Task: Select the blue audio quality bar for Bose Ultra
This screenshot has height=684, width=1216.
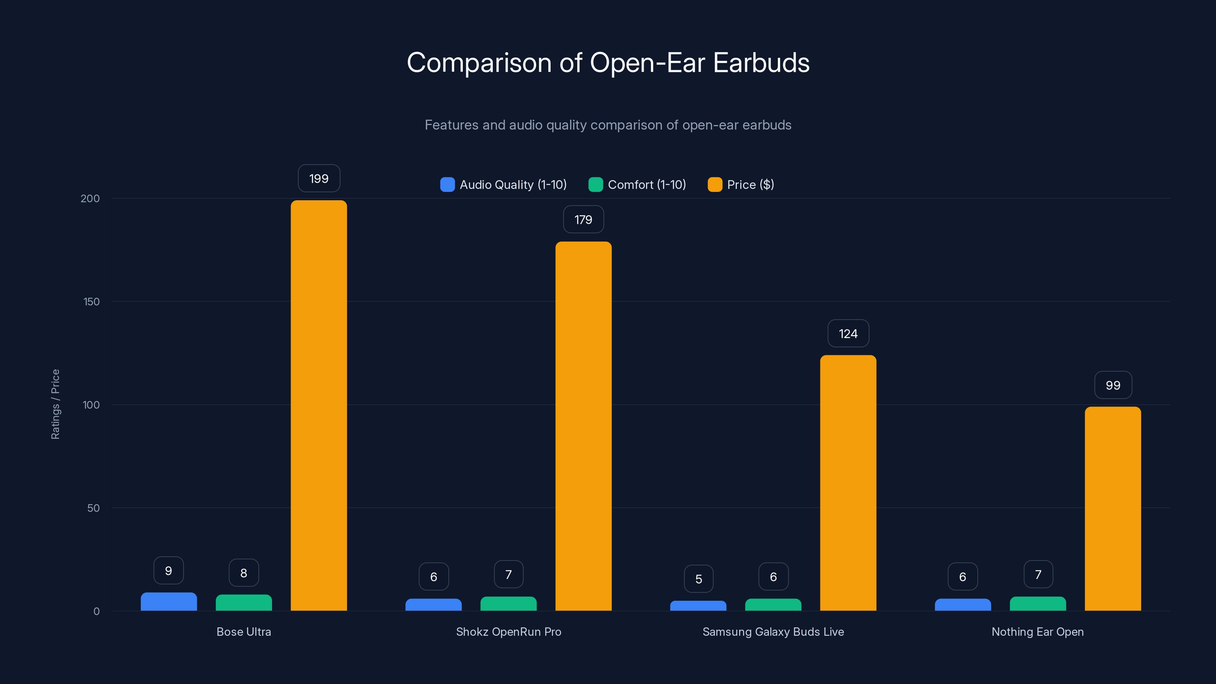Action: pos(168,602)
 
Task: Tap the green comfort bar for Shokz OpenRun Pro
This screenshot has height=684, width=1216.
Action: pos(508,604)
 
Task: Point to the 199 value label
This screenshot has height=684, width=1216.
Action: pos(319,179)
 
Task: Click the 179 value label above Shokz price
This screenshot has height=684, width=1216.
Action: pos(583,220)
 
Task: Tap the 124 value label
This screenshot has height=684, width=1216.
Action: pos(848,334)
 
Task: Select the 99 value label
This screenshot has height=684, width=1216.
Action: pos(1113,385)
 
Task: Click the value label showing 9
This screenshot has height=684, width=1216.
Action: pos(168,571)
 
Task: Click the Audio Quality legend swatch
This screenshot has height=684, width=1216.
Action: pos(447,185)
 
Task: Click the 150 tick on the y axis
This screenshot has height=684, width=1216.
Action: pos(91,302)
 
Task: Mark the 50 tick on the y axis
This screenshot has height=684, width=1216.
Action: pos(93,508)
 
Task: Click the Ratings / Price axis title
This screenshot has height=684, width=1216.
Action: pos(55,404)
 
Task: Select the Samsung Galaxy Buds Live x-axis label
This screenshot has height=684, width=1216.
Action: pos(773,632)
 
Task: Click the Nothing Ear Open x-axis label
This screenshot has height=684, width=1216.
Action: pos(1037,632)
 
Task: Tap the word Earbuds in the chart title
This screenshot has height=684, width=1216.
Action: pos(761,63)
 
